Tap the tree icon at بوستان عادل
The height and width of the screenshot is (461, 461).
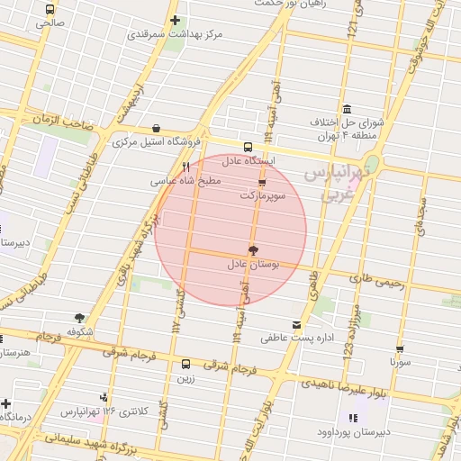tap(252, 249)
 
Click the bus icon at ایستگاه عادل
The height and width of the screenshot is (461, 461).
tap(248, 147)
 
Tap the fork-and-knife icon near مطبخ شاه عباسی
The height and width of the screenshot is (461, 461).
tap(186, 166)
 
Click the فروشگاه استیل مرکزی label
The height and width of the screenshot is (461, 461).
tap(157, 142)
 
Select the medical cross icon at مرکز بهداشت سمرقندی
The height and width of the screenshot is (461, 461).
tap(175, 20)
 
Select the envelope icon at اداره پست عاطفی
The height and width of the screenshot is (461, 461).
tap(297, 324)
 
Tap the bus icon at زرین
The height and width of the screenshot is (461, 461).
tap(185, 365)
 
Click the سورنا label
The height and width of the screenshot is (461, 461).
tap(400, 362)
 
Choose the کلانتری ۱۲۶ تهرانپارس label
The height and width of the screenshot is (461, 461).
tap(104, 411)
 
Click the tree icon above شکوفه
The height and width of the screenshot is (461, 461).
tap(80, 318)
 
